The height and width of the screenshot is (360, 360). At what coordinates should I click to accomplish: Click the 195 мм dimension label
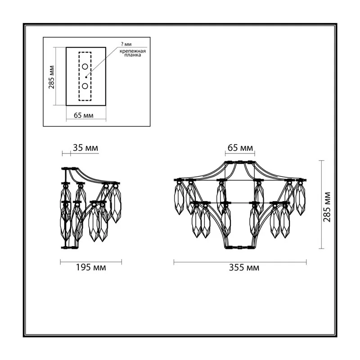[91, 267]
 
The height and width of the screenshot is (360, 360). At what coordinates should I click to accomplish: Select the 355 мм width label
[244, 268]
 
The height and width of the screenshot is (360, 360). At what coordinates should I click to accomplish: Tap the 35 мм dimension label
[85, 148]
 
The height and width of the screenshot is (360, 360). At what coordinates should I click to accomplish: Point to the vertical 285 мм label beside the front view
[327, 207]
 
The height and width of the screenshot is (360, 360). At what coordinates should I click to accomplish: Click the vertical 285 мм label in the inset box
[51, 77]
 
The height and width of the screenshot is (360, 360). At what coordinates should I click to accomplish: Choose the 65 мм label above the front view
[240, 148]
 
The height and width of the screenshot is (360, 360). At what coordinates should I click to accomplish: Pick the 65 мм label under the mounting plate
[84, 115]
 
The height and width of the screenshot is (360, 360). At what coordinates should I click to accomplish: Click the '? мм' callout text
[126, 44]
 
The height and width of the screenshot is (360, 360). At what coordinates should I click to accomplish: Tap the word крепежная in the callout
[133, 51]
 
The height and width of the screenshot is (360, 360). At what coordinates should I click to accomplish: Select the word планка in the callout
[133, 55]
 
